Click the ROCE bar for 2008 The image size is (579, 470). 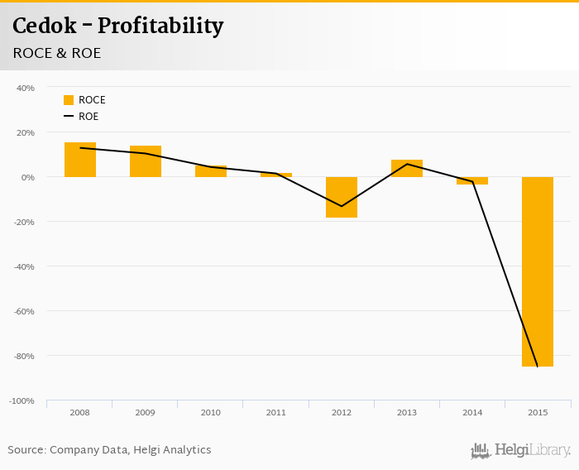[80, 160]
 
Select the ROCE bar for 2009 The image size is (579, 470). [146, 161]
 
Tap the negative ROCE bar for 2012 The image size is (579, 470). [342, 197]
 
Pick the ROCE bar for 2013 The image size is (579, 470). [407, 168]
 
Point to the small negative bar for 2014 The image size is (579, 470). [472, 180]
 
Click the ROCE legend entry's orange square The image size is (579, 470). [69, 100]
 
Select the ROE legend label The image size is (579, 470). [89, 117]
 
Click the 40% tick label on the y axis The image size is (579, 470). [25, 88]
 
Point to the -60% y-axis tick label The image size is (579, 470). [23, 311]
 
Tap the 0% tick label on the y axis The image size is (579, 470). [27, 177]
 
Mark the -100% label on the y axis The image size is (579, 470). [22, 400]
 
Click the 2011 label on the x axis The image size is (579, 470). [276, 412]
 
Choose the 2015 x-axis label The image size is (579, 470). [538, 412]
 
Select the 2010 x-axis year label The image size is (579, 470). [211, 412]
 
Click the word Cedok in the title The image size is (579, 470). [43, 26]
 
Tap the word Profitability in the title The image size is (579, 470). [160, 26]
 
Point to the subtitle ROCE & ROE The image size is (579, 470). [57, 53]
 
